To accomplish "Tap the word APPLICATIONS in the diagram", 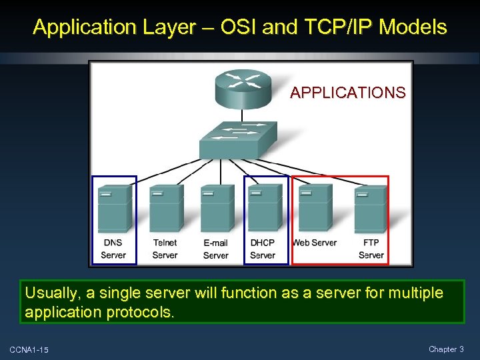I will point(347,93).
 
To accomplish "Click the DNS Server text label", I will point(113,249).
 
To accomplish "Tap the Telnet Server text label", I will point(165,249).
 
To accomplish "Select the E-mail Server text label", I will point(215,249).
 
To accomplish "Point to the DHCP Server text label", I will point(263,249).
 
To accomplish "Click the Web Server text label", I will point(315,243).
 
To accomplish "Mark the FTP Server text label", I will point(371,249).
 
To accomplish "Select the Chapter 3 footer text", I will point(446,349).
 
